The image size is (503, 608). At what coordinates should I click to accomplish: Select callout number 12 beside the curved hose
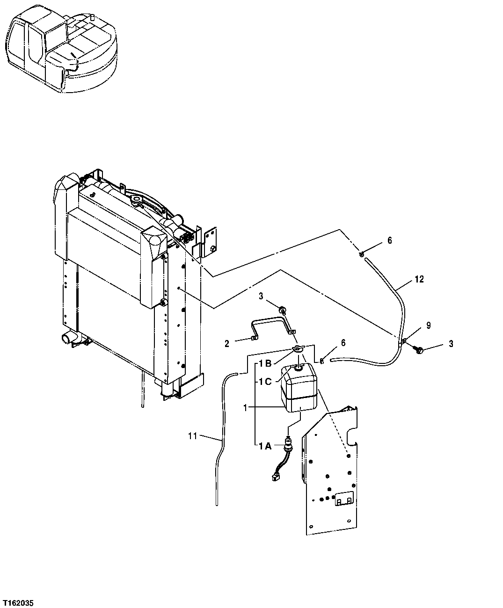tap(419, 279)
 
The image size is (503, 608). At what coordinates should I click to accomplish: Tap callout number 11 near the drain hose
tap(192, 436)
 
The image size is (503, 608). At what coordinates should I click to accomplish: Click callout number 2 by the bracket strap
tap(227, 344)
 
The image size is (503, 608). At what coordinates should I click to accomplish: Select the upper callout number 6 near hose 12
tap(389, 240)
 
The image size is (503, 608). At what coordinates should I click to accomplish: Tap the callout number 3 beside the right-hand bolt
tap(451, 344)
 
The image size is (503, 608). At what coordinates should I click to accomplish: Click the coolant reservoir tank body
tap(299, 391)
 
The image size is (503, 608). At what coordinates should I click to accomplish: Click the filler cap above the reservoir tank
tap(298, 349)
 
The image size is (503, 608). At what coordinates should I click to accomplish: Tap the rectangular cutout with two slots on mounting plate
tap(343, 499)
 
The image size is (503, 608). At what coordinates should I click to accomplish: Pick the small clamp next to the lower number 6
tap(322, 361)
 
